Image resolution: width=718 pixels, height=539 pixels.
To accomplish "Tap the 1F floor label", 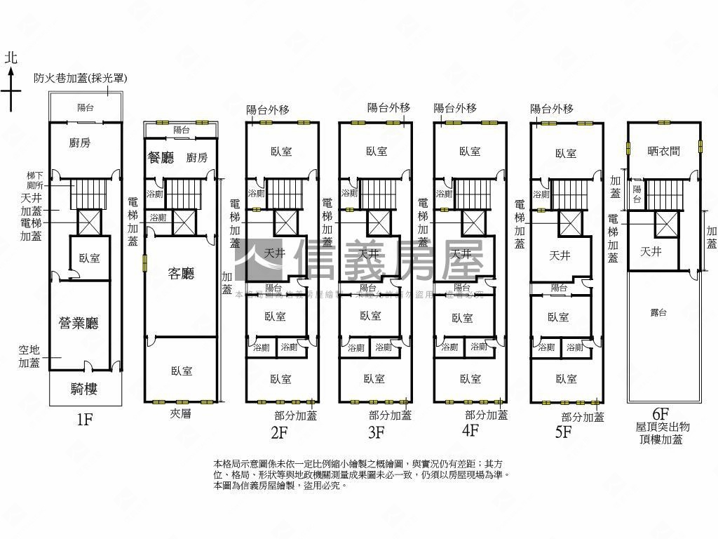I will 85,420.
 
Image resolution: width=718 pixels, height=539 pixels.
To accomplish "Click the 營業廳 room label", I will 78,323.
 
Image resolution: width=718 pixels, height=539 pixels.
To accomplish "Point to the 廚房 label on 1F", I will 79,143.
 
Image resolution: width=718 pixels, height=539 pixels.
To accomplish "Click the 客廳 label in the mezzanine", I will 180,273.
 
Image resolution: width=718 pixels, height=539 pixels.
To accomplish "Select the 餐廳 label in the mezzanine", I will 161,158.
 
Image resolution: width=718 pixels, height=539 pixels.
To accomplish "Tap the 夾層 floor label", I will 180,414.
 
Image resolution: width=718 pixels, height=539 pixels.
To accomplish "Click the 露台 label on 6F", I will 659,313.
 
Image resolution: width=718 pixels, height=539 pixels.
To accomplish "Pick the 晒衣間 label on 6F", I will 663,150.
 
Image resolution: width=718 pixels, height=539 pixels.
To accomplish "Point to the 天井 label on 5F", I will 560,255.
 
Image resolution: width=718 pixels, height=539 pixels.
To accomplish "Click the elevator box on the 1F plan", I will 89,222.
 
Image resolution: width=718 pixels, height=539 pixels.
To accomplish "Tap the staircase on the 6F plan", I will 663,194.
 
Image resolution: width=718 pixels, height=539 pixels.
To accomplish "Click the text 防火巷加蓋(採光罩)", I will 80,79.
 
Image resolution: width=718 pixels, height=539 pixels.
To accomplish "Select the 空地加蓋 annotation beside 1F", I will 29,356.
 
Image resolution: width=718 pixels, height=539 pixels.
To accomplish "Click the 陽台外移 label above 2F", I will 268,109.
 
